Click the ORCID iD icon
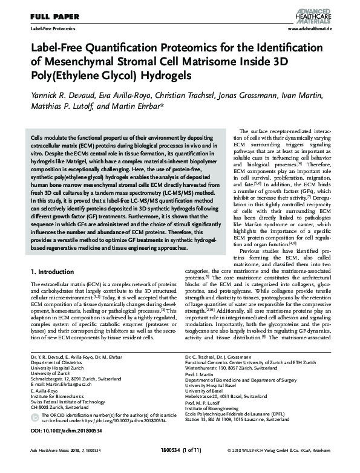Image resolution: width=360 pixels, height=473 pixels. (x=34, y=416)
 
